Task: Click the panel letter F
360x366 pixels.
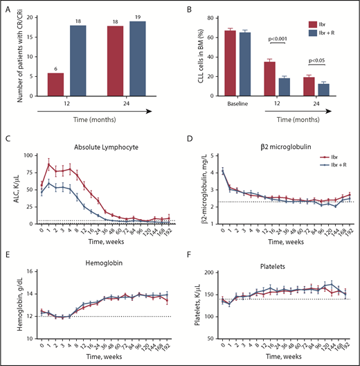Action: [190, 252]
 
